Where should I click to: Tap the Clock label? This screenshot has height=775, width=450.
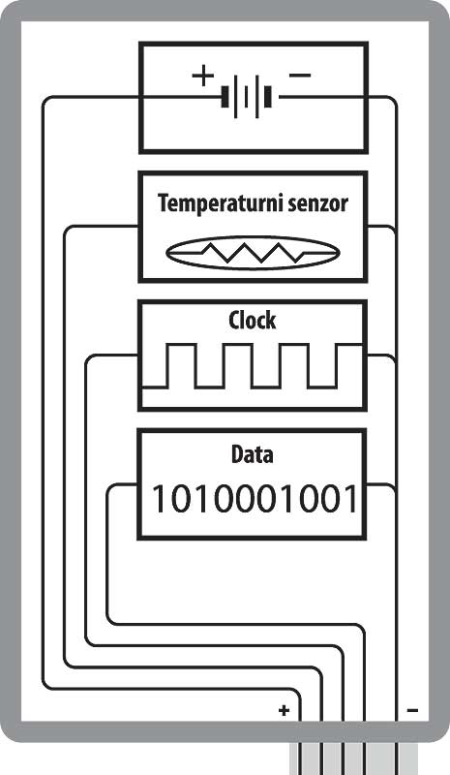coord(252,321)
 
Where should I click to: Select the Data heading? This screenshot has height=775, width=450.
coord(252,454)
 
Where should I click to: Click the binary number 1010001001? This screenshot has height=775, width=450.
coord(254,499)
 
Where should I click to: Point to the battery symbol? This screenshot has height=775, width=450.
coord(247,96)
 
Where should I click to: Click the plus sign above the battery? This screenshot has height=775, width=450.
coord(202,77)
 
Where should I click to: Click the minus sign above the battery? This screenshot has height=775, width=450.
coord(300,76)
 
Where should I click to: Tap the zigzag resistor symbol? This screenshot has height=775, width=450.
coord(253,253)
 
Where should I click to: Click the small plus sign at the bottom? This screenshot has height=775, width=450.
coord(284,710)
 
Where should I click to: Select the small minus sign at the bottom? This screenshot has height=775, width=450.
coord(412,710)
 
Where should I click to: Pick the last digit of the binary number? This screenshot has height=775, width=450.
coord(348,499)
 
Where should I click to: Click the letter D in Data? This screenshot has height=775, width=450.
coord(237,454)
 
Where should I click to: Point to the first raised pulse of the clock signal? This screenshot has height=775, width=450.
coord(182,366)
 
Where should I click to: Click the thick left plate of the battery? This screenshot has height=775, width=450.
coord(225,96)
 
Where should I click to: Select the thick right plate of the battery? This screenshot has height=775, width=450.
coord(268,96)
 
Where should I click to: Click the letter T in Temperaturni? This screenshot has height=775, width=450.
coord(164,203)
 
